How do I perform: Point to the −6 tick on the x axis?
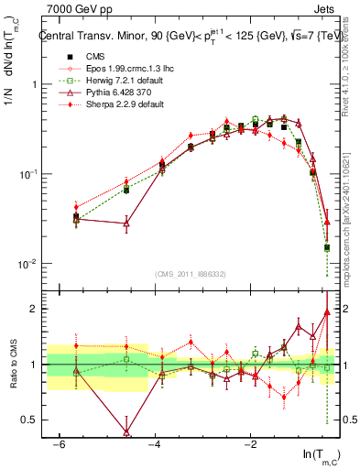click(58, 444)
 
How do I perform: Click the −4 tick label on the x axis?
click(154, 444)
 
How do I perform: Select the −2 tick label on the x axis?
click(250, 444)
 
